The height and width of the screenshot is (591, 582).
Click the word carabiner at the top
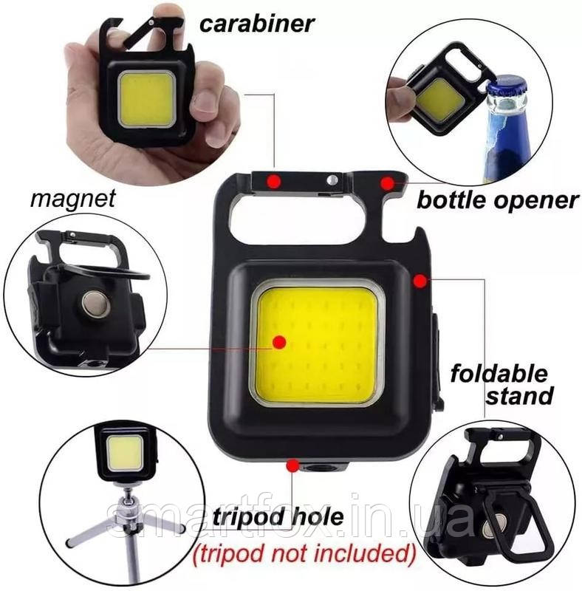pos(257,24)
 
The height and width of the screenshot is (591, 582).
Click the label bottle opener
pos(497,199)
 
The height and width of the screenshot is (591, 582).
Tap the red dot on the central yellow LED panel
pos(278,341)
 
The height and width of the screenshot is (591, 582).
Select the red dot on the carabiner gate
pos(274,180)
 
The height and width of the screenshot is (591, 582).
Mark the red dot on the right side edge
pos(420,281)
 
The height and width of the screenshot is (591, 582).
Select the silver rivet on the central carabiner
pos(332,179)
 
